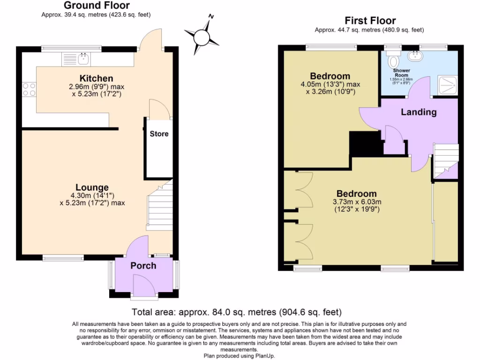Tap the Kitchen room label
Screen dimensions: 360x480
tap(96, 78)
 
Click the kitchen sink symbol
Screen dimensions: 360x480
tap(83, 59)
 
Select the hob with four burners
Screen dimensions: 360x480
tap(29, 89)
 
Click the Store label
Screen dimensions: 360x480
tap(159, 134)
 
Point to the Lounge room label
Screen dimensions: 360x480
tap(92, 187)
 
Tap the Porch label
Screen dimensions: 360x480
tap(143, 266)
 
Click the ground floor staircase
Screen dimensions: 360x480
tap(160, 206)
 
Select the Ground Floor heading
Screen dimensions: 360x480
tap(97, 6)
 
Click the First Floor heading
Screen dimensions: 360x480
tap(370, 21)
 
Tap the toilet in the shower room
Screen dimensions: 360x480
tap(393, 60)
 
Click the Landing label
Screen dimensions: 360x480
tap(419, 112)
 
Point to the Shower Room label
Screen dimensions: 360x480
tap(401, 73)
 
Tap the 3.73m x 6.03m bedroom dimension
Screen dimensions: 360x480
tap(357, 202)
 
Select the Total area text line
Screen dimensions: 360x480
tap(236, 312)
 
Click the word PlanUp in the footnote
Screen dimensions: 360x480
tap(266, 356)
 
